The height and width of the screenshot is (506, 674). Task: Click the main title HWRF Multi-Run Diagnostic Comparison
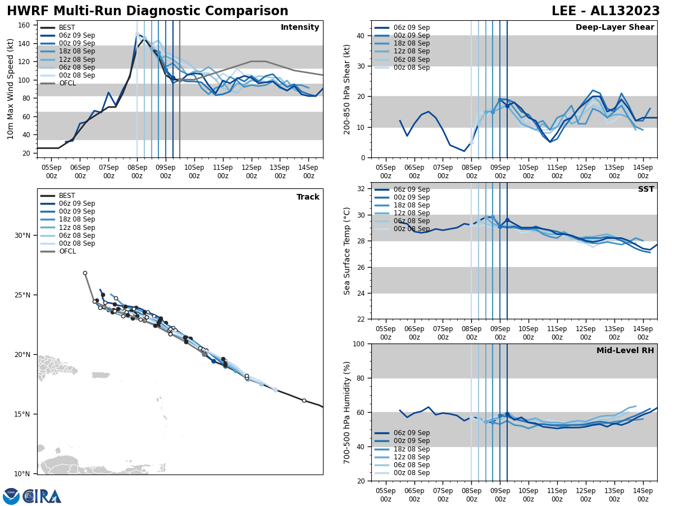click(147, 11)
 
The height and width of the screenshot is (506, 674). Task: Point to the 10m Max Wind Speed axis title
click(11, 89)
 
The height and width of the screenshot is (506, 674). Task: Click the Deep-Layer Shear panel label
click(614, 28)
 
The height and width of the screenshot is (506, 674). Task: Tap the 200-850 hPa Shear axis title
click(347, 89)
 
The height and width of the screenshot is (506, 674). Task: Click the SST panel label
click(646, 189)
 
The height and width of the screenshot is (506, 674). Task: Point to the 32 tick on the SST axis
click(361, 189)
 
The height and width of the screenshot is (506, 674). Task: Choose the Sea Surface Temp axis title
click(347, 251)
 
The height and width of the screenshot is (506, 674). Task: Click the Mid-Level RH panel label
click(625, 351)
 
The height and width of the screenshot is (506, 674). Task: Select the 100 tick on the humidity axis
click(359, 344)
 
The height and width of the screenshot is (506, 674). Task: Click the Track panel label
click(308, 197)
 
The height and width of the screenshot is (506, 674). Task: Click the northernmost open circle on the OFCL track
click(85, 273)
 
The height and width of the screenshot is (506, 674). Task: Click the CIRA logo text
click(43, 496)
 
